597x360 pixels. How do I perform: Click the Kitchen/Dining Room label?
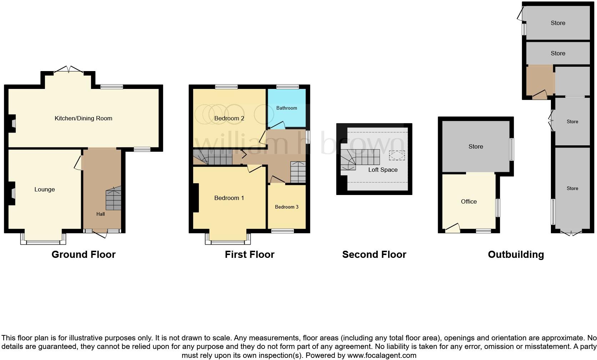(83, 118)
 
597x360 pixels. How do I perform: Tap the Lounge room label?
(45, 189)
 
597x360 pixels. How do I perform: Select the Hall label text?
(100, 214)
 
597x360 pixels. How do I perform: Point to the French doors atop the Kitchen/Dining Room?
(68, 70)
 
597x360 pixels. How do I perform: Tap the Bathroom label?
(286, 108)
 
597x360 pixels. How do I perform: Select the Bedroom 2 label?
(229, 118)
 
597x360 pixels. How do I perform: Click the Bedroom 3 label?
(286, 207)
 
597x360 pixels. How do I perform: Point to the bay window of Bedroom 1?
(228, 239)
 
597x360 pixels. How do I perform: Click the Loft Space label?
(383, 170)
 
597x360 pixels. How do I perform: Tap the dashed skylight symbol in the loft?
(397, 155)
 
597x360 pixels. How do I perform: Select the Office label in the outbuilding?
(468, 201)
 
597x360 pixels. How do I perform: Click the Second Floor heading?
(374, 254)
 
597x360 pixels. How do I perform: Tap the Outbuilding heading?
(516, 254)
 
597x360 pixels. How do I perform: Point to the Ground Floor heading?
(83, 254)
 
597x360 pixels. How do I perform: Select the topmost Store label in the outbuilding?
(558, 23)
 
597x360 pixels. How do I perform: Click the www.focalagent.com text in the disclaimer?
(382, 355)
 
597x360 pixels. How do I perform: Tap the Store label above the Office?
(476, 146)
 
